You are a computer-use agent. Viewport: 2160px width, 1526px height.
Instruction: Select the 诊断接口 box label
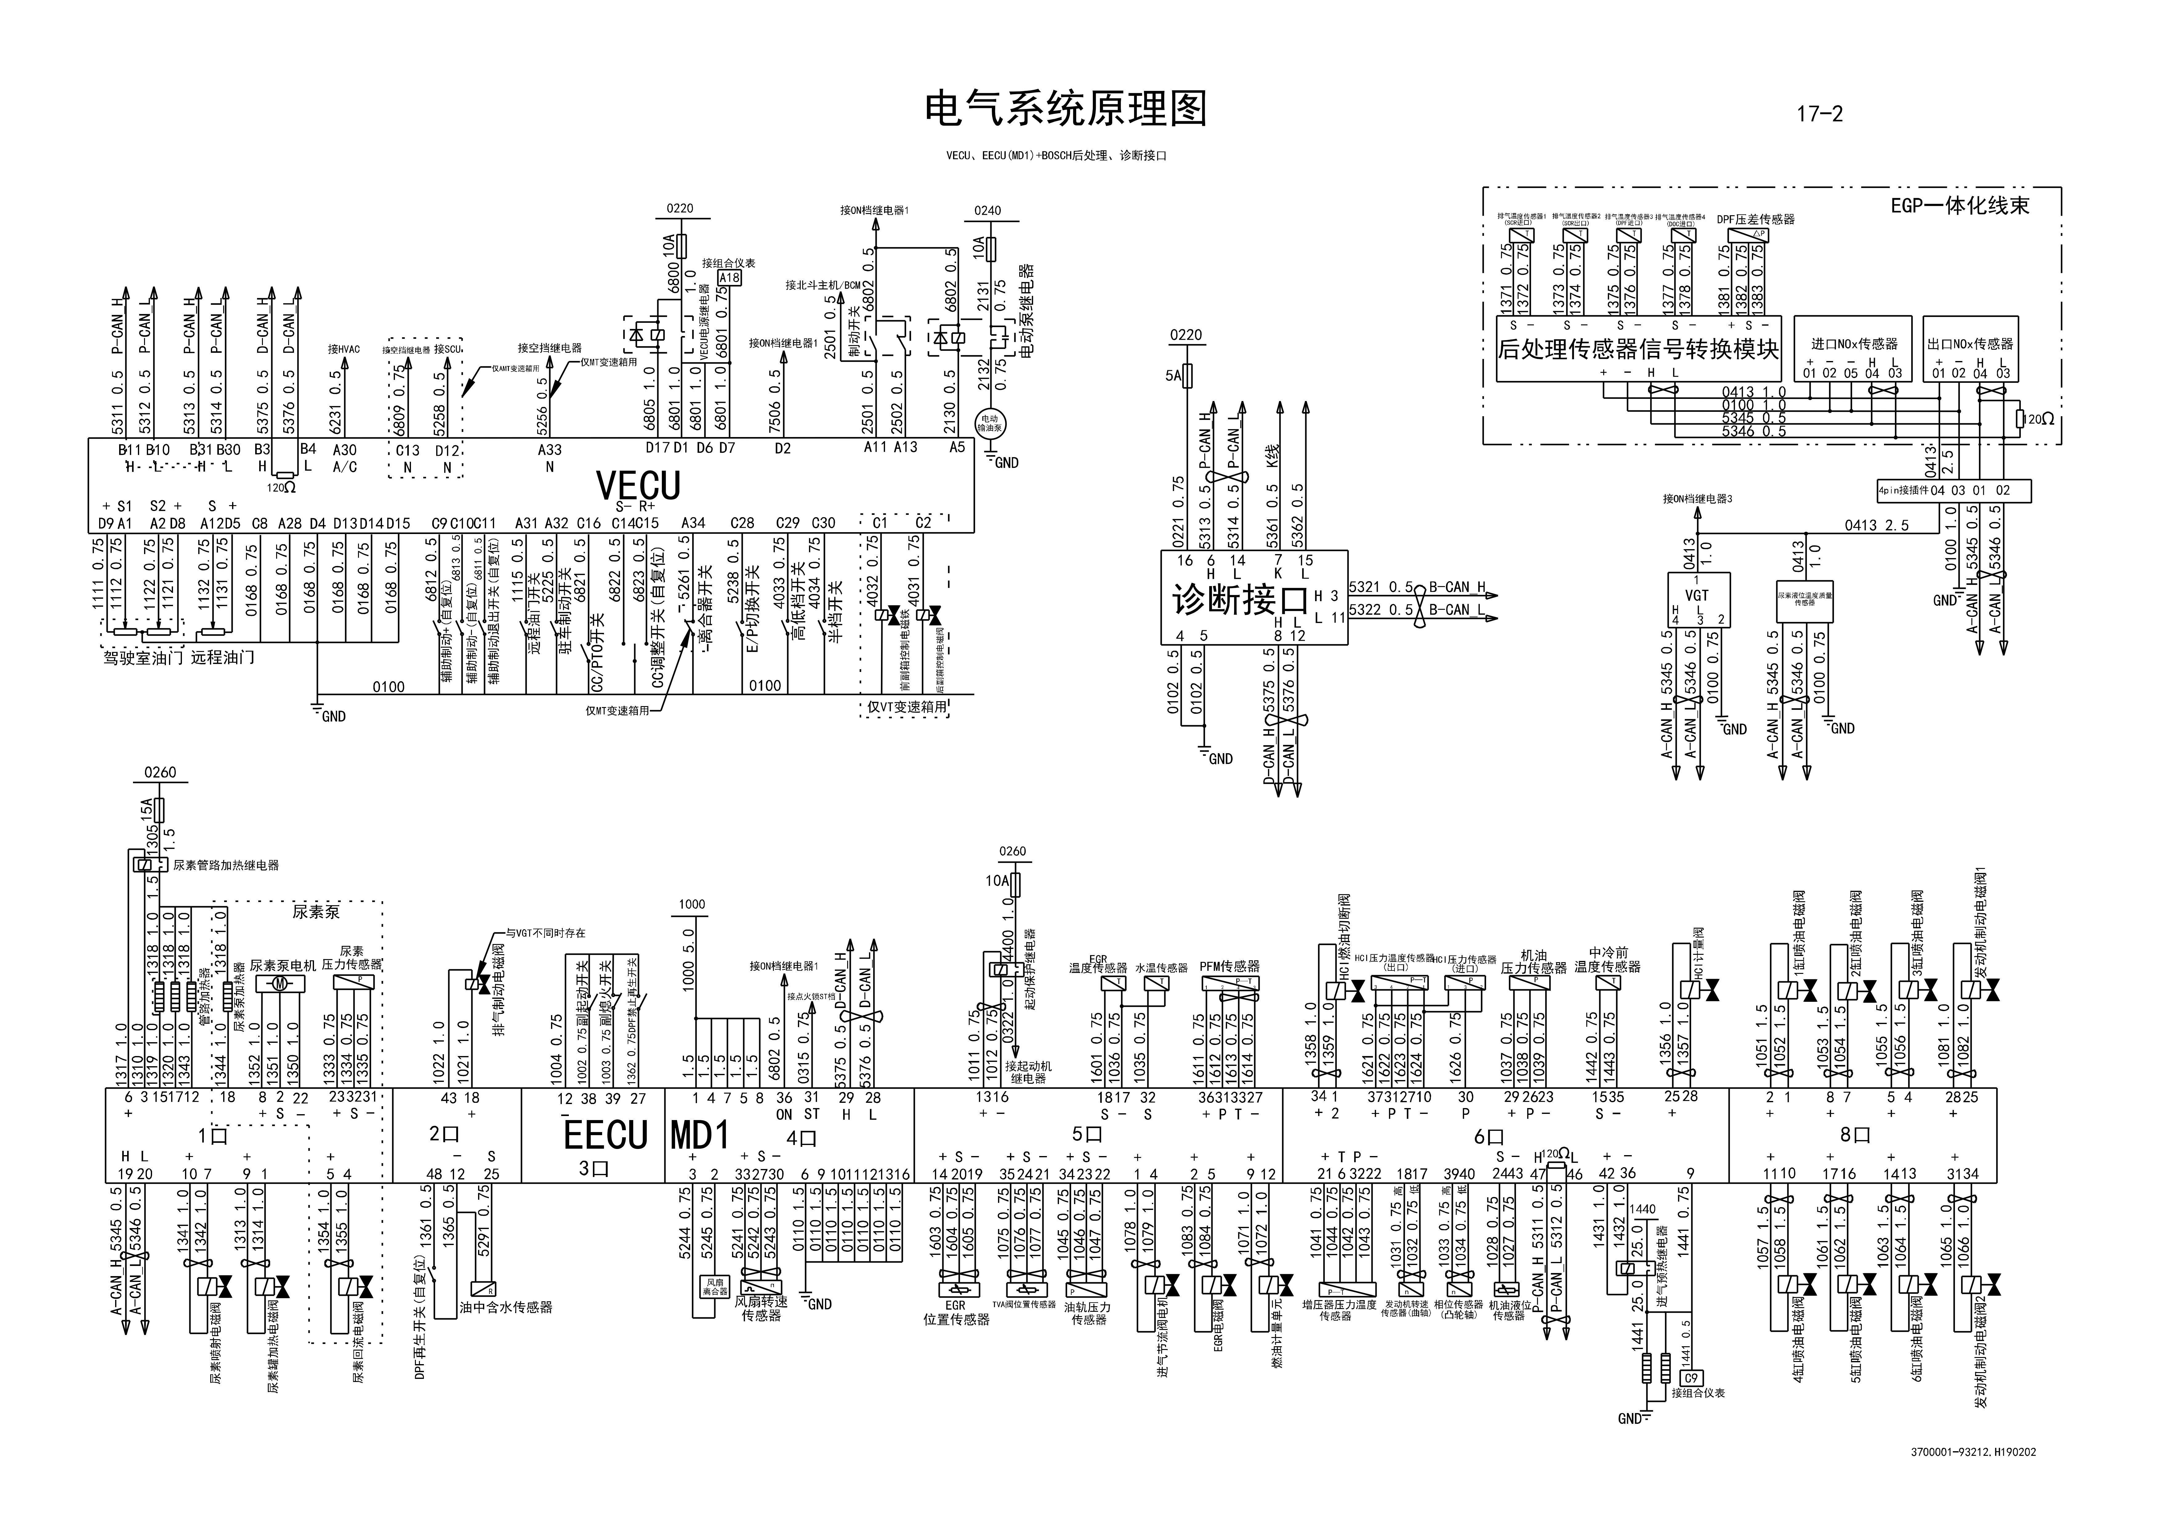[1240, 599]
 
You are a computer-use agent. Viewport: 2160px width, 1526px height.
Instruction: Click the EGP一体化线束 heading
[1960, 205]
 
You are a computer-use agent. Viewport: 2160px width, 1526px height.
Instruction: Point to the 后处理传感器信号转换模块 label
[1638, 349]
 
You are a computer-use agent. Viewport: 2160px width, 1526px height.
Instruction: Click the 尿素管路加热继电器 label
[226, 865]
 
